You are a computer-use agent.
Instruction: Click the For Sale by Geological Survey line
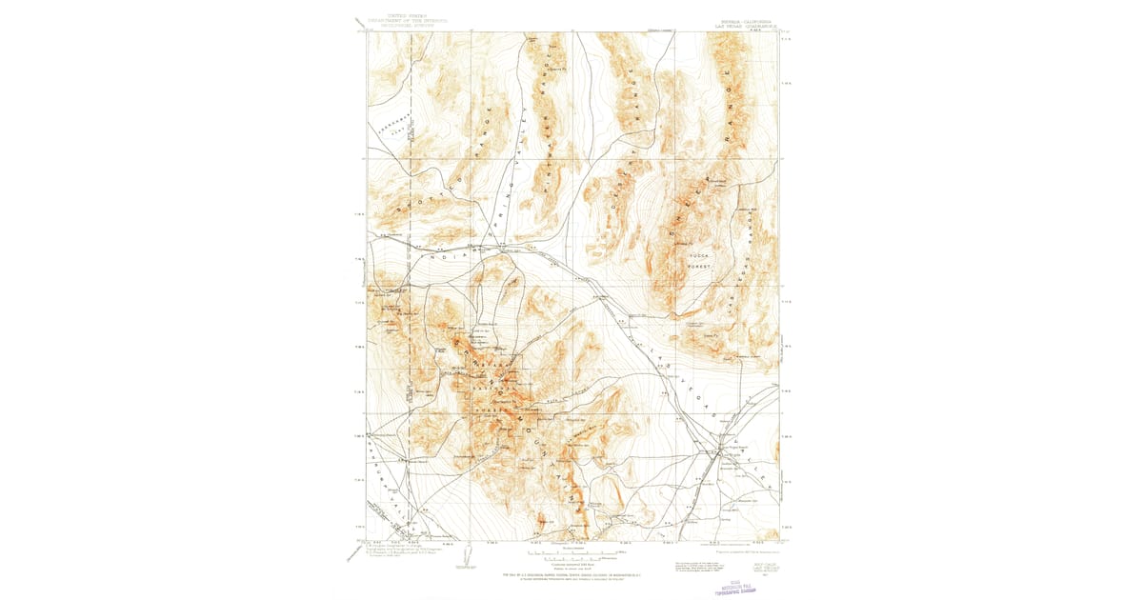pyautogui.click(x=571, y=576)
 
